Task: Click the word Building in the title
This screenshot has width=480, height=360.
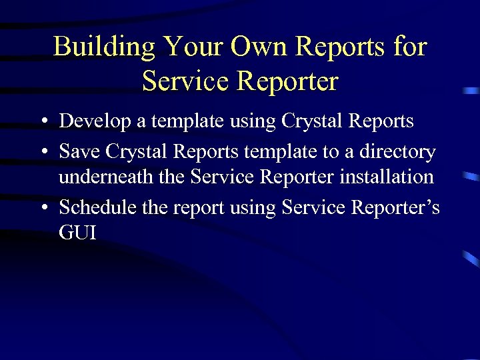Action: point(105,47)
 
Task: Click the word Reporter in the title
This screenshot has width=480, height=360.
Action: point(287,81)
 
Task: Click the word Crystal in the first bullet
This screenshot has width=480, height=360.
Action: point(309,121)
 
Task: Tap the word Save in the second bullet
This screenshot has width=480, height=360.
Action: point(78,152)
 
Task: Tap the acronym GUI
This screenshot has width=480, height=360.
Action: point(77,233)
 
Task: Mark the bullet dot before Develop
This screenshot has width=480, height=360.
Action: point(43,122)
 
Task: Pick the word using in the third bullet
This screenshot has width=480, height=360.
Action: point(253,207)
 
